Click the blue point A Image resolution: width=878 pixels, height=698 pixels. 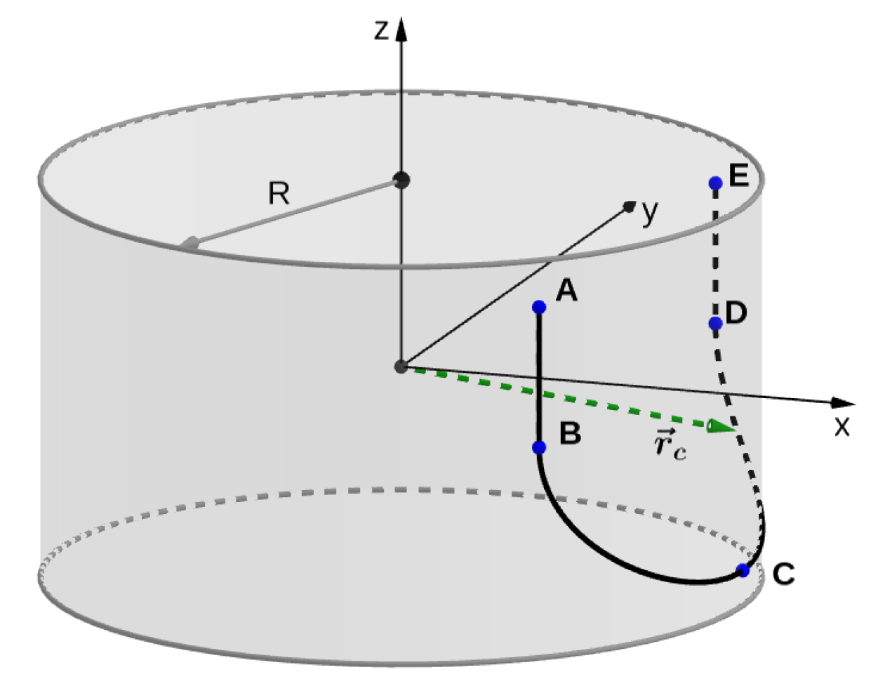point(539,307)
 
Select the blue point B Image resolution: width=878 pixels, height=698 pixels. point(539,447)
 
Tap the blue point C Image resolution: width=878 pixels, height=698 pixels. point(743,570)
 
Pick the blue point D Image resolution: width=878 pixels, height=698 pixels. point(715,323)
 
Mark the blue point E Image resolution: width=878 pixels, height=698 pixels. point(715,183)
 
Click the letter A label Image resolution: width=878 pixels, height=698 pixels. point(566,290)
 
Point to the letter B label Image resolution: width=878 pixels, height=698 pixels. point(571,433)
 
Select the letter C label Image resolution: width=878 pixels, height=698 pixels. point(783,574)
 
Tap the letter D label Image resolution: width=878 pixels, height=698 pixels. point(736,312)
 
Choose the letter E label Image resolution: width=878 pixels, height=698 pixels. point(739,175)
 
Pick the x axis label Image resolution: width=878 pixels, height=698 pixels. point(842,426)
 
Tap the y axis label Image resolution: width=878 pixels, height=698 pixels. point(651,211)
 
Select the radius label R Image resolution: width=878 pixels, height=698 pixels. point(279,193)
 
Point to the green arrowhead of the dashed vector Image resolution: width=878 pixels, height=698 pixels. point(720,426)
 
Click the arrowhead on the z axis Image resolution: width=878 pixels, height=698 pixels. point(401,29)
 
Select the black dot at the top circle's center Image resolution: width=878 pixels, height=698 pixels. point(401,180)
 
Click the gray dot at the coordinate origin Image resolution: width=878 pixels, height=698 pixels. point(401,367)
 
